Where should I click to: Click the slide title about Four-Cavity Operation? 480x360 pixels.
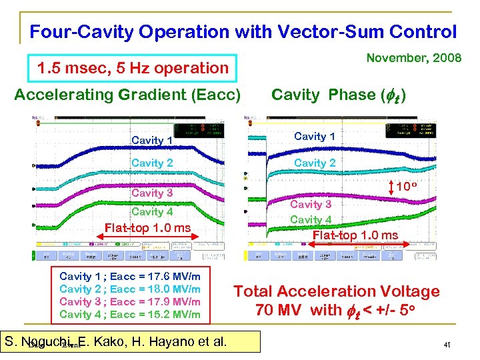[243, 31]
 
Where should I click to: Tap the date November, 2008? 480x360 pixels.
[414, 58]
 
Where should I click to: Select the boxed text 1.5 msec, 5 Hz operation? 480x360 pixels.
[133, 67]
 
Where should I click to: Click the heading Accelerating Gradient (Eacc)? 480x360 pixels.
[127, 95]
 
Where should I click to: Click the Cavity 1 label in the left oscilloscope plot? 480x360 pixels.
[152, 140]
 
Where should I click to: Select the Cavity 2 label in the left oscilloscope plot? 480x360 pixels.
[152, 163]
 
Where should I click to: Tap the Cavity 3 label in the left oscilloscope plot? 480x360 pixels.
[152, 193]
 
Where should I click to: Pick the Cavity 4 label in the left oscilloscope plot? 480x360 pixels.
[152, 211]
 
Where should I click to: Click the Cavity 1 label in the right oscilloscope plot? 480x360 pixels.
[315, 137]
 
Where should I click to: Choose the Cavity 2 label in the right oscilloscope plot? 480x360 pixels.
[315, 163]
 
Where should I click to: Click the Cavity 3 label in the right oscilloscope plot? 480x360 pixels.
[311, 204]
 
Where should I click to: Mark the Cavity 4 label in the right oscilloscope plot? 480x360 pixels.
[311, 219]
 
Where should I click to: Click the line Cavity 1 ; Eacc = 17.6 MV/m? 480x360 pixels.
[130, 276]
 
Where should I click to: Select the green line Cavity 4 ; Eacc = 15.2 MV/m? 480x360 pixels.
[130, 314]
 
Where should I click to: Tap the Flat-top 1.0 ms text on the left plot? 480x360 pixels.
[147, 228]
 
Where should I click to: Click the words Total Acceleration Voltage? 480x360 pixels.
[336, 291]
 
